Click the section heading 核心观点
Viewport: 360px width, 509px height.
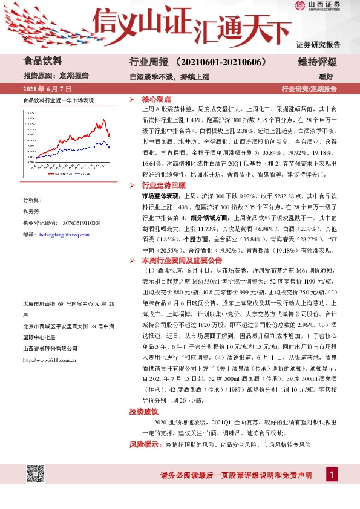pyautogui.click(x=157, y=98)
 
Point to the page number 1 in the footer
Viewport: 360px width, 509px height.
pyautogui.click(x=332, y=475)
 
